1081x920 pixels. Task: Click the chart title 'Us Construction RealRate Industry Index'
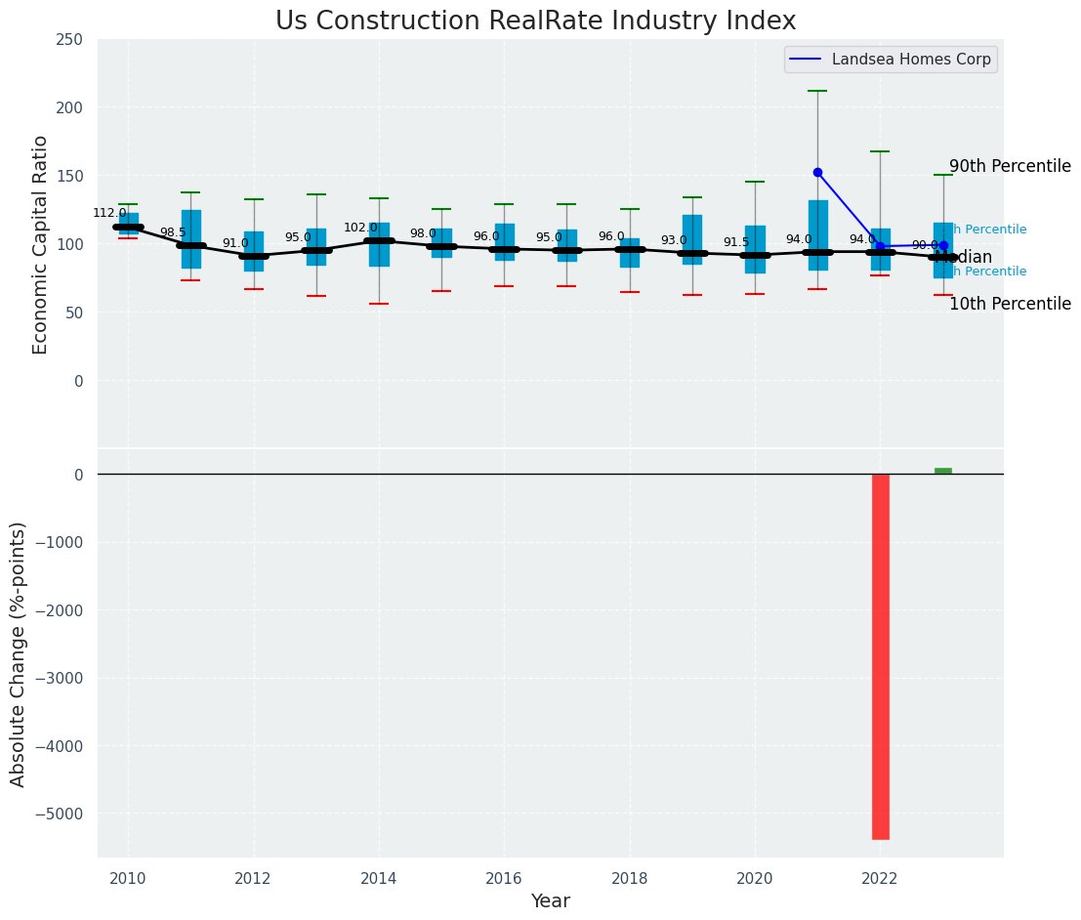click(x=535, y=21)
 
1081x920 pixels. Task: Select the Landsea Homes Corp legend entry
click(x=910, y=60)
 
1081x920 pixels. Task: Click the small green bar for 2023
click(x=942, y=472)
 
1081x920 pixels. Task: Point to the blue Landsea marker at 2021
click(x=817, y=172)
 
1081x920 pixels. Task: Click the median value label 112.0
click(x=109, y=213)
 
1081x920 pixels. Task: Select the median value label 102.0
click(x=360, y=228)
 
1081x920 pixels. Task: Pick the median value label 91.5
click(x=736, y=242)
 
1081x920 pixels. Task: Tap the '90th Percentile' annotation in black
click(x=1010, y=166)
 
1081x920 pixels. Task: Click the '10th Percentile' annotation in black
click(x=1010, y=304)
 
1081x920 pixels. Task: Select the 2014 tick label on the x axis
click(x=379, y=879)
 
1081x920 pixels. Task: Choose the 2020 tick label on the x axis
click(x=755, y=879)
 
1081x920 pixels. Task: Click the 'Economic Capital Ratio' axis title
click(x=41, y=244)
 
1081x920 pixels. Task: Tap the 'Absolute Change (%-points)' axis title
click(x=19, y=653)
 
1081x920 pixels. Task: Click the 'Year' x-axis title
click(x=551, y=901)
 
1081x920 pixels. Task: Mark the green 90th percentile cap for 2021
click(x=817, y=91)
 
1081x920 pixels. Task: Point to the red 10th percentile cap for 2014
click(x=379, y=304)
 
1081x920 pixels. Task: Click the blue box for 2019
click(x=692, y=239)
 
